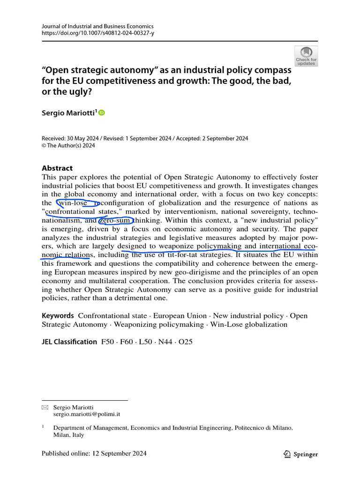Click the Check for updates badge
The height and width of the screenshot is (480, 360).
pos(306,56)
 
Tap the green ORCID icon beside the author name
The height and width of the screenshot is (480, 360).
pos(102,112)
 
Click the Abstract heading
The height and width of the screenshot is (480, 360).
pos(57,168)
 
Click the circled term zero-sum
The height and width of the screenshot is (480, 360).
pos(116,220)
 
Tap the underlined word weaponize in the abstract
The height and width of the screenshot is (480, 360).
pos(177,246)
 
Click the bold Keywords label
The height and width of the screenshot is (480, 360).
pos(58,315)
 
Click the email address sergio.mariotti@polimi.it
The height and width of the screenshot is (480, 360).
pos(87,414)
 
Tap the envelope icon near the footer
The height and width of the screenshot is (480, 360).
pos(45,408)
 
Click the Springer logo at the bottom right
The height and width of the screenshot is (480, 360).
pos(301,454)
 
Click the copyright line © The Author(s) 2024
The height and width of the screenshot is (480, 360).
pos(68,146)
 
